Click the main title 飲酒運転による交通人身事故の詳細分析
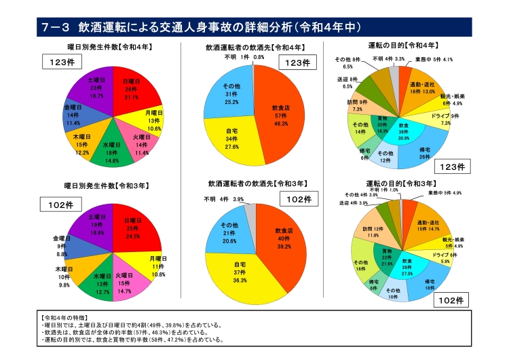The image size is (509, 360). pos(183,27)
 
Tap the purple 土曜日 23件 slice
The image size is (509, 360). pos(94,88)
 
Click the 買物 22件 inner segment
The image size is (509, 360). pos(388,256)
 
